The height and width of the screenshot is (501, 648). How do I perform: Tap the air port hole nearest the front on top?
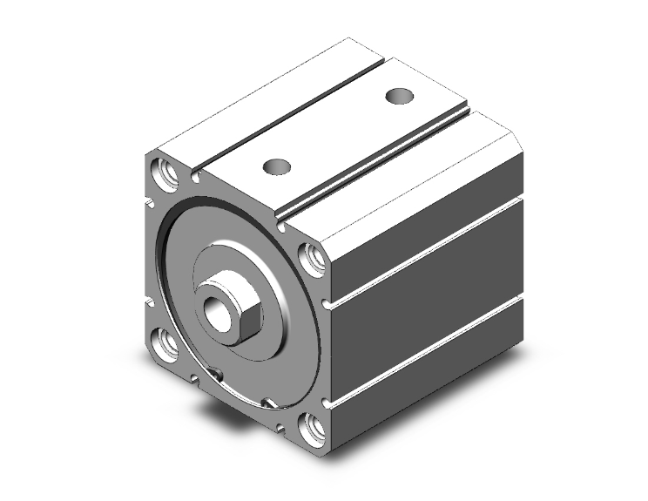(278, 164)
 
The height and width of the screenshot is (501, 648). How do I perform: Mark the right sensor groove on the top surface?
(383, 161)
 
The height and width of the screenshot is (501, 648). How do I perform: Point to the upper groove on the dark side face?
(427, 253)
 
